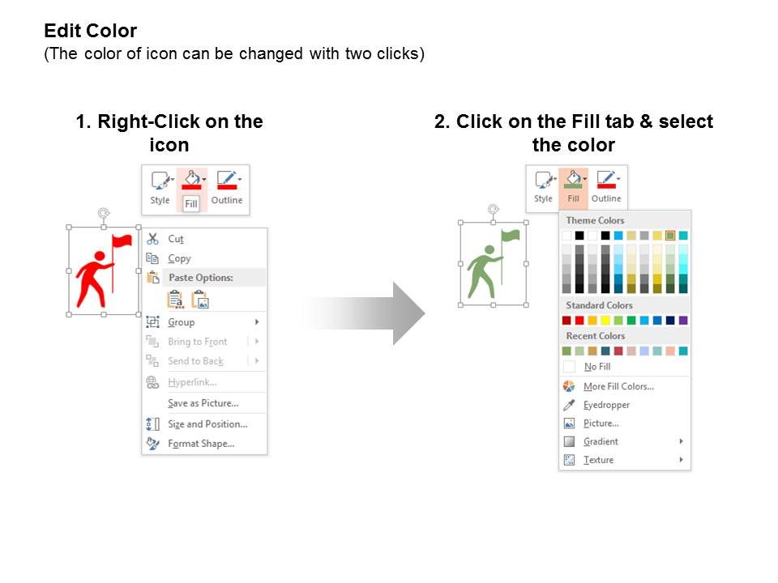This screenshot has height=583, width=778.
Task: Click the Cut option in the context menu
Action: (x=176, y=239)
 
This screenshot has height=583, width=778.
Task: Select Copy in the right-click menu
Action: (x=179, y=258)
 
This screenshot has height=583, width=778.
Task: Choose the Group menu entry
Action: (x=181, y=322)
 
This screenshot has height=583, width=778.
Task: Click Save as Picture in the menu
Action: (x=203, y=403)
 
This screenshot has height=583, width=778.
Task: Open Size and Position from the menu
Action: (x=207, y=423)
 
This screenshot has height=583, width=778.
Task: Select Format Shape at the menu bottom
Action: (x=201, y=444)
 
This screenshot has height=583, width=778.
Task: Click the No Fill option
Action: (x=597, y=366)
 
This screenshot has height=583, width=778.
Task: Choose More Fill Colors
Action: (x=618, y=386)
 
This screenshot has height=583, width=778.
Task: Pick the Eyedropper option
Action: (x=606, y=405)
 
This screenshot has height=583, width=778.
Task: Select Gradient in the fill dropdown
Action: (x=601, y=441)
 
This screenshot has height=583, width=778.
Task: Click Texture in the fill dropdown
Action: (x=598, y=460)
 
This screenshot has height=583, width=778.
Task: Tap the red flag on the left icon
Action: (x=122, y=241)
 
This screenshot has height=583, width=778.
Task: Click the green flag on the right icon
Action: (x=511, y=235)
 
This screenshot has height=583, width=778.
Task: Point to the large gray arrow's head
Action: (x=408, y=313)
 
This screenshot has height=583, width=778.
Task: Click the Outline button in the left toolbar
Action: (x=227, y=188)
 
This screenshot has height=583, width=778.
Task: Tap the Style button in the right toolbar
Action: (x=543, y=187)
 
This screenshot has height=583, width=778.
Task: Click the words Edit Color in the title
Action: (x=90, y=31)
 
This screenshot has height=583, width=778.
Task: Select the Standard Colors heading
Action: (x=599, y=305)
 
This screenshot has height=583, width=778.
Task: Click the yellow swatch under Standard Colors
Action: (x=605, y=321)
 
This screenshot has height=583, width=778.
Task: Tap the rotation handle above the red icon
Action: (x=103, y=213)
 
